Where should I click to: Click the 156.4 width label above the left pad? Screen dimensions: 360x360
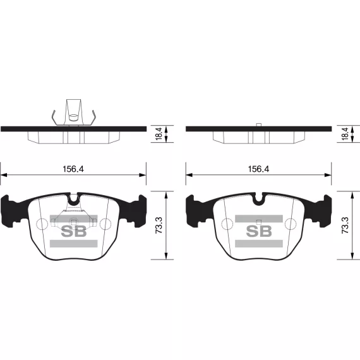(73, 169)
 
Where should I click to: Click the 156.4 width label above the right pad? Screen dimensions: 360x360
(258, 169)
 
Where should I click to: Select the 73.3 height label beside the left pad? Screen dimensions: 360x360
(159, 225)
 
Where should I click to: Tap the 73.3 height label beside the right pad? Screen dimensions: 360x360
(345, 225)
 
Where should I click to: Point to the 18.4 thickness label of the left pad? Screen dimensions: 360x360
(159, 134)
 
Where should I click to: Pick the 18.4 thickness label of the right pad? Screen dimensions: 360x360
(345, 134)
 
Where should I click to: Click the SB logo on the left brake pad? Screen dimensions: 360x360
(74, 231)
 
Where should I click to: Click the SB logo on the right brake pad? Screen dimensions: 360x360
(259, 231)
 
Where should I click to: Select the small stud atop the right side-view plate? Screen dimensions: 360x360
(259, 124)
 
